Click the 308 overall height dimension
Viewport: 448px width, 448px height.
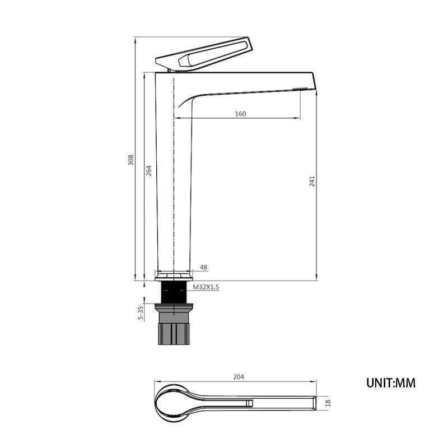[130, 160]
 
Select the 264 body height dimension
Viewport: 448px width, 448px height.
[149, 171]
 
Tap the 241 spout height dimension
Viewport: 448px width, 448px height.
[312, 181]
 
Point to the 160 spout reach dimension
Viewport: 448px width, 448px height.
[240, 114]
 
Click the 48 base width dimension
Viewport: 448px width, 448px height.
[203, 268]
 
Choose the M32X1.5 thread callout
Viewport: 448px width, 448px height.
[206, 287]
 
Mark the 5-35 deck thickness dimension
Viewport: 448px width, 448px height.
[141, 312]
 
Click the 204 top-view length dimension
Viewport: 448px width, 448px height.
[239, 377]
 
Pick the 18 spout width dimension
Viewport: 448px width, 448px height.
[328, 403]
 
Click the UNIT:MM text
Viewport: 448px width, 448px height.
[391, 383]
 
